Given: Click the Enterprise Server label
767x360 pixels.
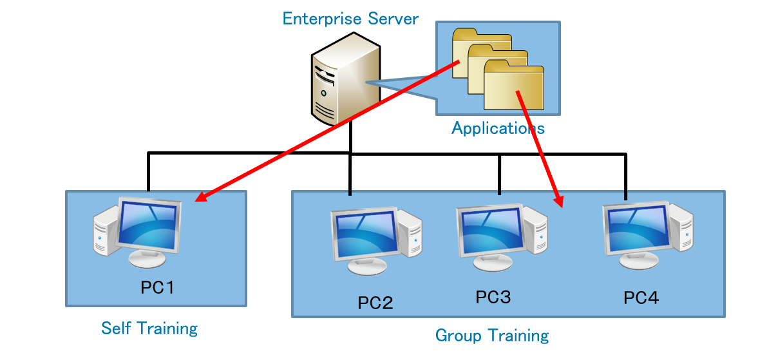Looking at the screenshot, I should pos(350,18).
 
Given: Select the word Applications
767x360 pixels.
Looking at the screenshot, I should pos(498,128).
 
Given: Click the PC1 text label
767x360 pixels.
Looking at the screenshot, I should pos(157,287).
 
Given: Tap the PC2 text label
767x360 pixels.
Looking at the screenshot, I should pos(375,302).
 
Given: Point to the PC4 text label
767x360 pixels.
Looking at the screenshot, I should pos(641,298).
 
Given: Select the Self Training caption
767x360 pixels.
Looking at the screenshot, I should pos(149,328).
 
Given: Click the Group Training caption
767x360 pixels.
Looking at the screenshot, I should pos(492,336).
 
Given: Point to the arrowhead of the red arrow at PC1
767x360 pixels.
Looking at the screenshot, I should pos(200,198).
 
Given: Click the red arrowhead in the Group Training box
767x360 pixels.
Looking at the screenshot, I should pos(559,202).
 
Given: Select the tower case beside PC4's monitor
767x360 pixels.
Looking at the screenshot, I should pos(681,229).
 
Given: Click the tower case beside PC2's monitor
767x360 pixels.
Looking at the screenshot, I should pos(409,234).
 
